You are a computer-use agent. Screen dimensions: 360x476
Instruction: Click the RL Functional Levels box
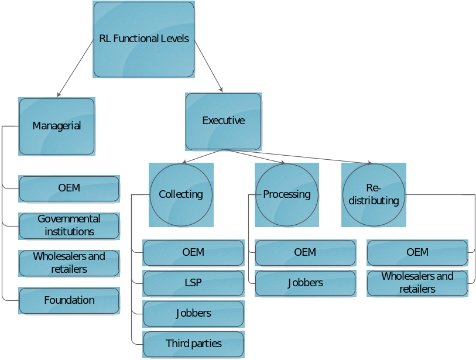tap(144, 39)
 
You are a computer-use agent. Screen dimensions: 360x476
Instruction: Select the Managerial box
tap(57, 126)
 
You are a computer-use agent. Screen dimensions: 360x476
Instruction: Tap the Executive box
tap(223, 121)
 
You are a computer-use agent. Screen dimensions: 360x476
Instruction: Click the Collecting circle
tap(181, 194)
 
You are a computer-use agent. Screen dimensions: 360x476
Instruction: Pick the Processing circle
tap(287, 194)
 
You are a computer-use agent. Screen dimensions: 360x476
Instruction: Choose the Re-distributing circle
tap(374, 195)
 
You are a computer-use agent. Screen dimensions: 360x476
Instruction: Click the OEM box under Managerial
tap(69, 188)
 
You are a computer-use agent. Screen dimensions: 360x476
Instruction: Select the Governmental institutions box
tap(69, 225)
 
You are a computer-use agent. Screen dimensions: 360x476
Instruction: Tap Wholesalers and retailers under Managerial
tap(69, 263)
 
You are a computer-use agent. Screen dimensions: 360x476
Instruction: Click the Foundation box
tap(69, 300)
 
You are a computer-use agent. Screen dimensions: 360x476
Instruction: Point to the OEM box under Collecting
tap(193, 252)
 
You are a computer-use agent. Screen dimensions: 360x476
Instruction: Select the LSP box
tap(193, 283)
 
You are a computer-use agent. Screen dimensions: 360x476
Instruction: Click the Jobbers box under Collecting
tap(193, 313)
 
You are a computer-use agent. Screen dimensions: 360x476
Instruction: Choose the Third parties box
tap(193, 344)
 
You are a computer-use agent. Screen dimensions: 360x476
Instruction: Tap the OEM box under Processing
tap(305, 252)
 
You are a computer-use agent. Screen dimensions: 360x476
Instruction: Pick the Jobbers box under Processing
tap(305, 283)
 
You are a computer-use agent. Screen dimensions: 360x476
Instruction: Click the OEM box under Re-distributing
tap(417, 252)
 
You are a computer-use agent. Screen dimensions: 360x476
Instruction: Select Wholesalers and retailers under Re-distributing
tap(417, 283)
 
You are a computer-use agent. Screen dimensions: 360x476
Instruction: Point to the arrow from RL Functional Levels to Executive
tap(209, 66)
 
